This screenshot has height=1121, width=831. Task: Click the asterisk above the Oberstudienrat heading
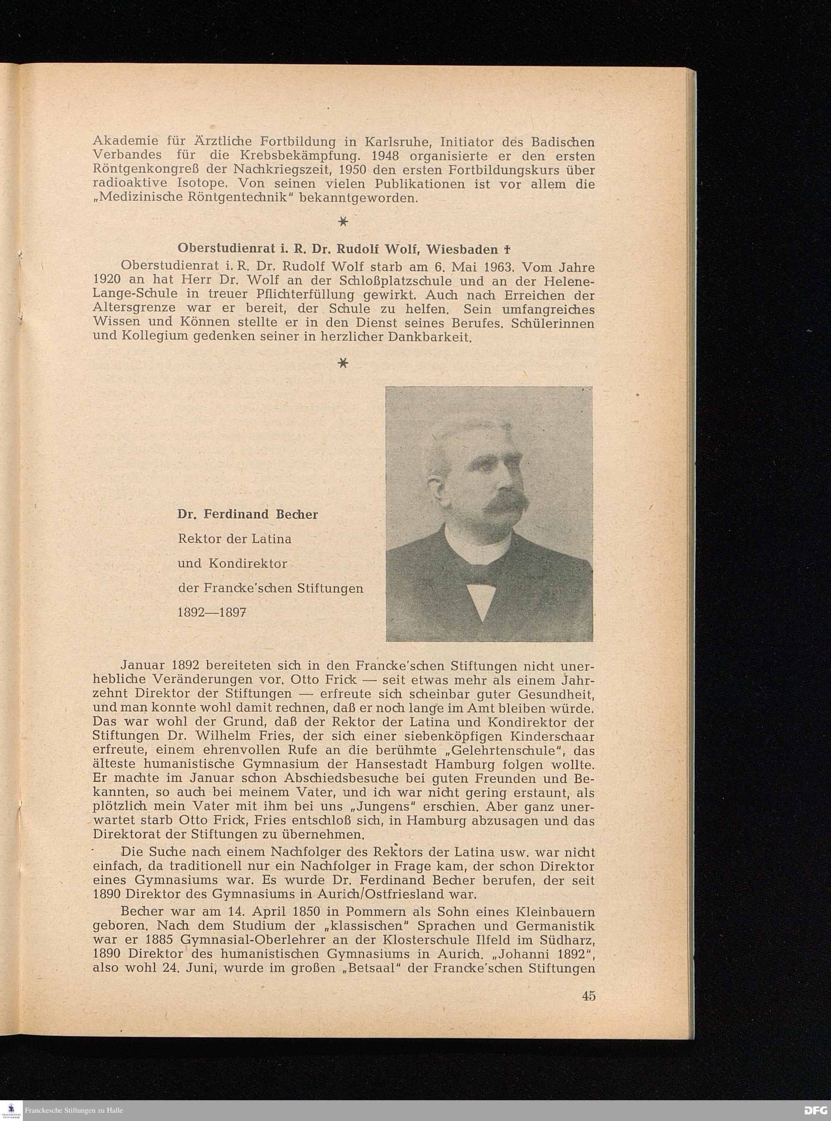[x=343, y=221]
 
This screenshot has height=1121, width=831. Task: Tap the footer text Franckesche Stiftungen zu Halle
[x=74, y=1110]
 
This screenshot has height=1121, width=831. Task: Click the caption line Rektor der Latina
[x=235, y=539]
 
